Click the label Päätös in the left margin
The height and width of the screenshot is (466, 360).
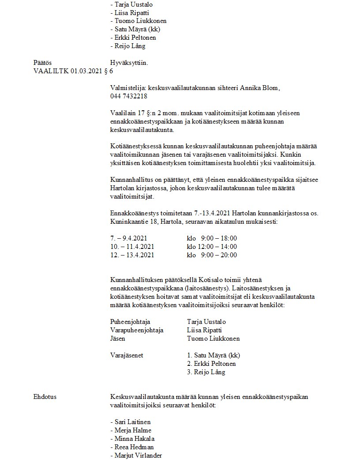tap(42, 63)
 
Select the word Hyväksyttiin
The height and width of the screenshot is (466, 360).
tap(129, 63)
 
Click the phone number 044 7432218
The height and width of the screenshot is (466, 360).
tap(128, 96)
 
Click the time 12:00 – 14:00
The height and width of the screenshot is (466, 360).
tap(217, 246)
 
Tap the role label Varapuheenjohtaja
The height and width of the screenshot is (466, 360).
tap(136, 330)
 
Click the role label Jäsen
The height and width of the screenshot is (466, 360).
tap(117, 338)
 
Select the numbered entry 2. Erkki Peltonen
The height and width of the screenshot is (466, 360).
tap(211, 364)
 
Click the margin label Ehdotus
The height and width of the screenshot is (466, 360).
tap(45, 397)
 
